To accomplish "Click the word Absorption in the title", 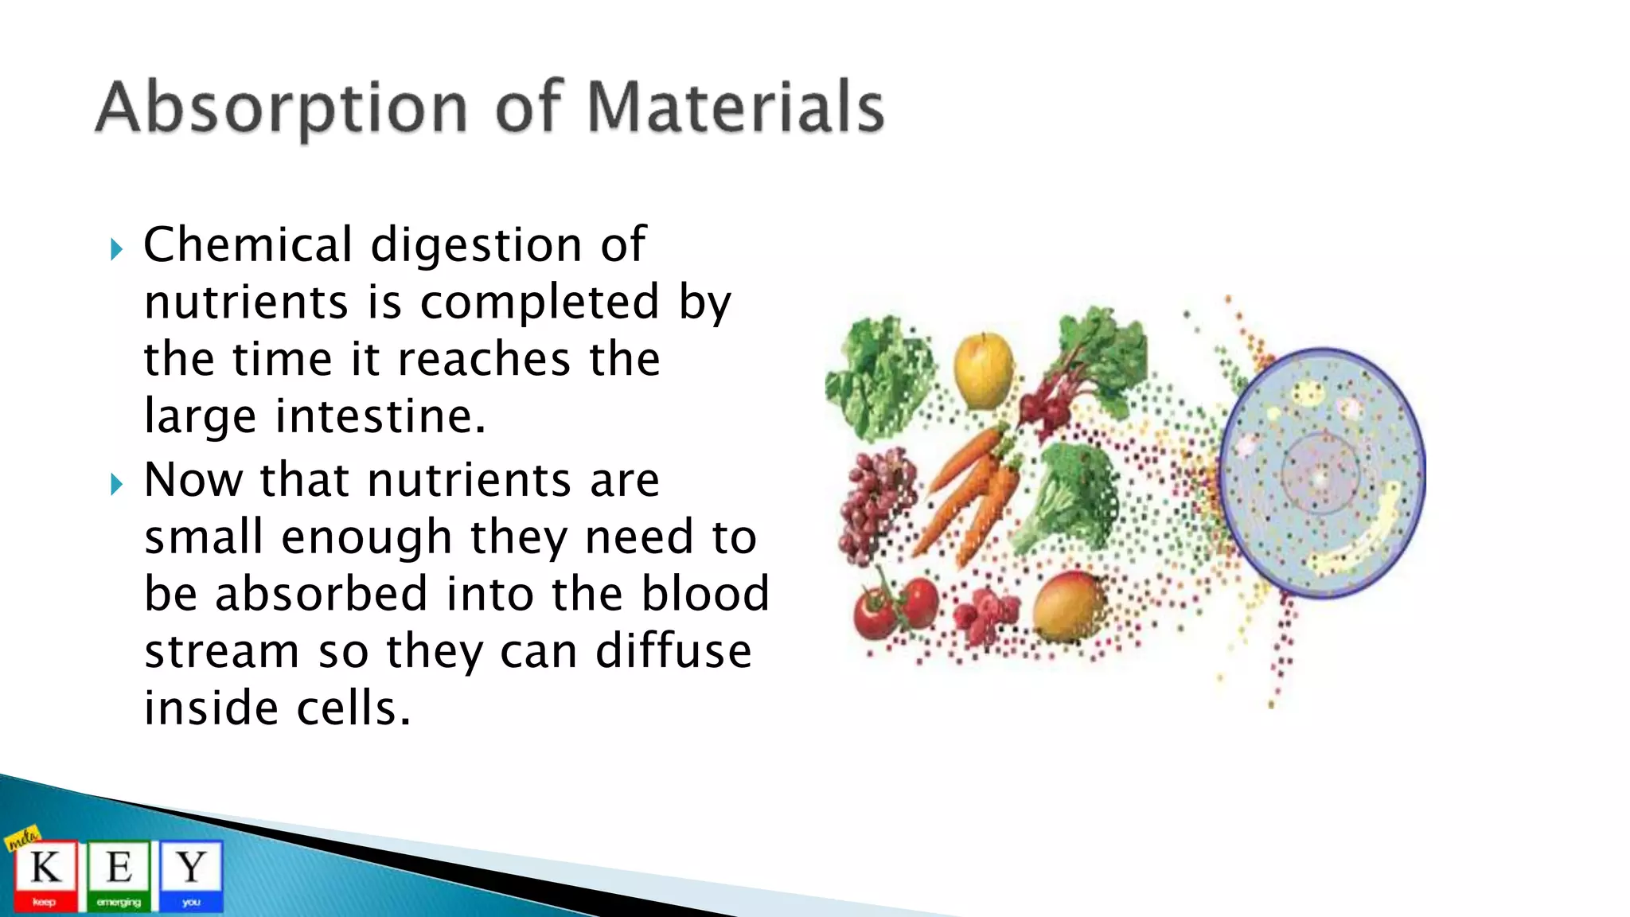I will pyautogui.click(x=280, y=108).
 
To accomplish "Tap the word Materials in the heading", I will pyautogui.click(x=735, y=107).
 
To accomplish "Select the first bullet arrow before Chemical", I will pyautogui.click(x=117, y=250).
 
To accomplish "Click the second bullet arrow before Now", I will pyautogui.click(x=117, y=484).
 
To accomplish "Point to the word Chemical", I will pyautogui.click(x=248, y=244).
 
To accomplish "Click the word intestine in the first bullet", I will pyautogui.click(x=380, y=416).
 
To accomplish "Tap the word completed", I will pyautogui.click(x=539, y=302).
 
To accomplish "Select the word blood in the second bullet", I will pyautogui.click(x=705, y=594).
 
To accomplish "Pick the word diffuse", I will pyautogui.click(x=673, y=651).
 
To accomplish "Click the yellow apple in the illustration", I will pyautogui.click(x=984, y=370).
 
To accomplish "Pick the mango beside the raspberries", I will pyautogui.click(x=1068, y=607).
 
